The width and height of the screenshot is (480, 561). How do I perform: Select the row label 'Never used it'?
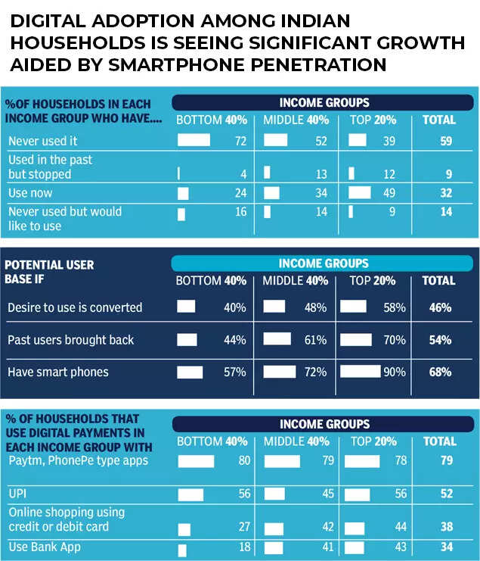point(42,141)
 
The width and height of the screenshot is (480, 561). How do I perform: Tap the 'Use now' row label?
point(29,193)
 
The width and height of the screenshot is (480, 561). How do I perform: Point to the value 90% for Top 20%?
point(395,372)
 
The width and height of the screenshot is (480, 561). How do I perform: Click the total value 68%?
point(438,372)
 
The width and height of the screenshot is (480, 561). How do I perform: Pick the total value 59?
point(446,141)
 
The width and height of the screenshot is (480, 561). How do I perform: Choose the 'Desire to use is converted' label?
point(75,307)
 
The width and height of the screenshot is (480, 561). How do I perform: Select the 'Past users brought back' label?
point(70,340)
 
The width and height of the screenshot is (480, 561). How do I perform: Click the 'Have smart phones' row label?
point(58,372)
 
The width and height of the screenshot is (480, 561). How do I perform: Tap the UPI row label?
point(18,493)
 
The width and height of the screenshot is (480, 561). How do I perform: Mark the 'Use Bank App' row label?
point(44,546)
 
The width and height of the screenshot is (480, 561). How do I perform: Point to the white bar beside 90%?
point(361,372)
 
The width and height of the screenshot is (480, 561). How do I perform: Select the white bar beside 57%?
point(190,372)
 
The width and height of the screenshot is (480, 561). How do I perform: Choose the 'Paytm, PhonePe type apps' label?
point(79,461)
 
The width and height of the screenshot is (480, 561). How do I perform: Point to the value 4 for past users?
point(243,173)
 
